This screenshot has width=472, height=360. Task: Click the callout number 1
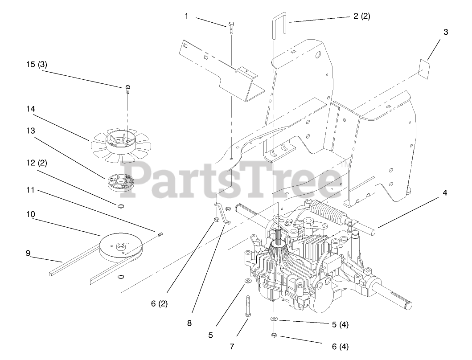[x=186, y=16]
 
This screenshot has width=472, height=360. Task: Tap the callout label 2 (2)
[x=361, y=16]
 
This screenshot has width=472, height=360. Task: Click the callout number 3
[x=445, y=32]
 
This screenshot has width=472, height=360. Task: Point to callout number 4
[x=445, y=193]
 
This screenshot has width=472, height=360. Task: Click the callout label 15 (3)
[x=37, y=64]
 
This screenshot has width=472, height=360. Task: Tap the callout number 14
[x=30, y=109]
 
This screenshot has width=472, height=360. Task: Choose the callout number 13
[x=30, y=131]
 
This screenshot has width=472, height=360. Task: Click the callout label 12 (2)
[x=37, y=163]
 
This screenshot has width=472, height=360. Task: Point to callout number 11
[x=30, y=190]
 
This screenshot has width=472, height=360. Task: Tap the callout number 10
[x=30, y=214]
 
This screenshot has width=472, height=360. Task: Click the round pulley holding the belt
[x=122, y=248]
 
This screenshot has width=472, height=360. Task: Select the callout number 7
[x=231, y=346]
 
